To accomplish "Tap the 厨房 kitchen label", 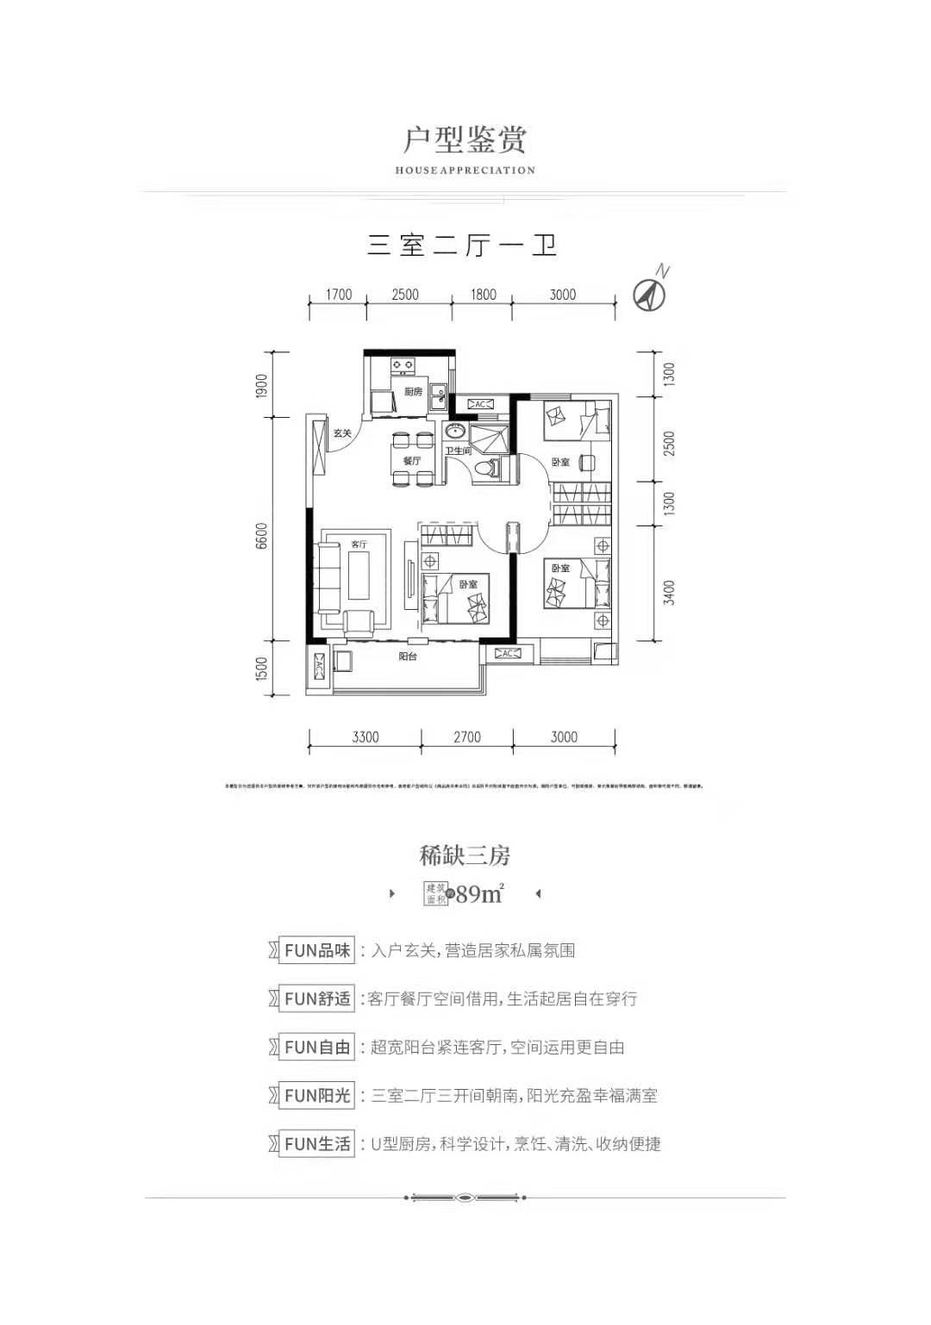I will pyautogui.click(x=413, y=392).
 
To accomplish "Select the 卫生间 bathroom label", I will pyautogui.click(x=458, y=451).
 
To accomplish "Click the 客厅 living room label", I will pyautogui.click(x=359, y=544).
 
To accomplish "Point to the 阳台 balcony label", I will pyautogui.click(x=409, y=657).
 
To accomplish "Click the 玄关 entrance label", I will pyautogui.click(x=342, y=433).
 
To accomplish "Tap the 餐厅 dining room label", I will pyautogui.click(x=411, y=461).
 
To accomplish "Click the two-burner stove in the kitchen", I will pyautogui.click(x=401, y=367).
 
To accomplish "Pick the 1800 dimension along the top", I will pyautogui.click(x=483, y=295).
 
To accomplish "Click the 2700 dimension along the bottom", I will pyautogui.click(x=466, y=737).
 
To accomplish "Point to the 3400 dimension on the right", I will pyautogui.click(x=670, y=593).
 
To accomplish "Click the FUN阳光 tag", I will pyautogui.click(x=317, y=1096).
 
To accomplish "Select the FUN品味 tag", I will pyautogui.click(x=317, y=951).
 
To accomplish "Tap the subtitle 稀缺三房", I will pyautogui.click(x=465, y=855).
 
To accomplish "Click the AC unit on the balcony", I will pyautogui.click(x=320, y=667).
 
